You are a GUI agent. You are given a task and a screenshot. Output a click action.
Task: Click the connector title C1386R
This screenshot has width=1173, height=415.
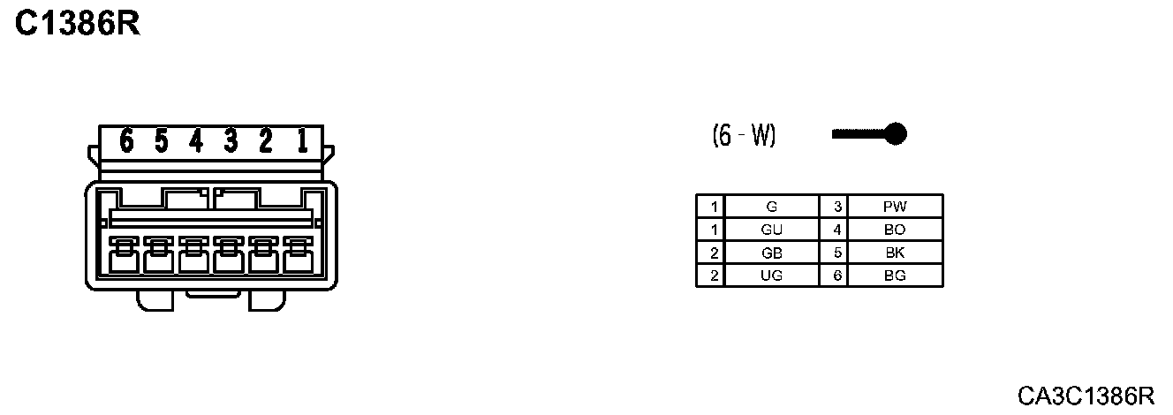click(x=78, y=24)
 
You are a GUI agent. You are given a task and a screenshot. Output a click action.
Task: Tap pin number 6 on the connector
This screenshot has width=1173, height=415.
click(x=126, y=140)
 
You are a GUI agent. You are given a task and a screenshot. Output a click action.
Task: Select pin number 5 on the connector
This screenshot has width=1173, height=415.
click(x=161, y=140)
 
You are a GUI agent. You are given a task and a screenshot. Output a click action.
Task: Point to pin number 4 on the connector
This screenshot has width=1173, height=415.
click(x=196, y=140)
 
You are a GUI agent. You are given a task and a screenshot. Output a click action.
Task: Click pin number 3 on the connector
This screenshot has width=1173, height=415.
click(x=231, y=140)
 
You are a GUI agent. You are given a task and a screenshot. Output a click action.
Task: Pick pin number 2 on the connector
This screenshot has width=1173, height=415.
click(x=266, y=140)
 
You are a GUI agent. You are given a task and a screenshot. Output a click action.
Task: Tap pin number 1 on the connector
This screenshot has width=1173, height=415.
click(x=301, y=140)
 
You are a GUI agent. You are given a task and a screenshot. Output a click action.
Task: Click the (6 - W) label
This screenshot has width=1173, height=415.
click(x=744, y=135)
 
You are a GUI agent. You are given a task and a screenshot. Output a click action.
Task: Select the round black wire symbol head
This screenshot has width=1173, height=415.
click(x=896, y=134)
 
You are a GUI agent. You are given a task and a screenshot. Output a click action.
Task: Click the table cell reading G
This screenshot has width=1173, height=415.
click(x=771, y=207)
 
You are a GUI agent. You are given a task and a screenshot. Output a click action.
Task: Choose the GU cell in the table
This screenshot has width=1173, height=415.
click(x=771, y=230)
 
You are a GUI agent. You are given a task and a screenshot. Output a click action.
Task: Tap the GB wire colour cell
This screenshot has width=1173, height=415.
click(x=771, y=253)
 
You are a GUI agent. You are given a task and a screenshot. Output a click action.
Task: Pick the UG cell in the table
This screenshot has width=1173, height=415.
click(x=771, y=275)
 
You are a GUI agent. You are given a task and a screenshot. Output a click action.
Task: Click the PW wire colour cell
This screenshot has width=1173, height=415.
click(x=895, y=207)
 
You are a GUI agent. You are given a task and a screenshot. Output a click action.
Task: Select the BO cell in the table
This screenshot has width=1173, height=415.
click(x=895, y=230)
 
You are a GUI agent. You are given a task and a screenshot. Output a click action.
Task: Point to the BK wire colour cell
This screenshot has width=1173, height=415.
click(x=895, y=253)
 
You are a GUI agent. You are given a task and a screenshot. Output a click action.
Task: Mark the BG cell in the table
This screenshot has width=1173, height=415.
click(x=895, y=275)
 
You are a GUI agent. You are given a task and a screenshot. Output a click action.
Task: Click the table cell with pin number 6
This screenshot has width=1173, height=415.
click(x=835, y=275)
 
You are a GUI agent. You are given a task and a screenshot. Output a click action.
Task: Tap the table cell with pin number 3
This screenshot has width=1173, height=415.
click(x=835, y=207)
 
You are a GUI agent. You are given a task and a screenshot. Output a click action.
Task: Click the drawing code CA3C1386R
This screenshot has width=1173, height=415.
click(x=1086, y=395)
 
